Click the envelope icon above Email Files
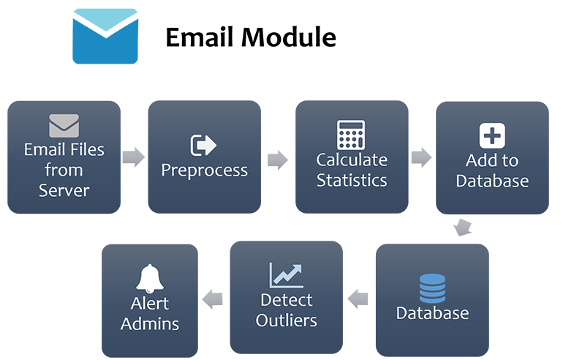click(x=64, y=126)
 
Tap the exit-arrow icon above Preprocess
click(x=204, y=145)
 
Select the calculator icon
click(x=351, y=135)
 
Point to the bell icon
click(x=150, y=279)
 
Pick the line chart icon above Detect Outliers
click(x=287, y=275)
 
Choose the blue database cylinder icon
click(x=432, y=288)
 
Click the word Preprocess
click(x=205, y=170)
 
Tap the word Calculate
click(x=352, y=160)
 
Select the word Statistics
click(x=352, y=180)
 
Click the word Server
click(x=64, y=191)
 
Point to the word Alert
click(x=150, y=304)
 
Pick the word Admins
click(x=150, y=323)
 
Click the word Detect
click(x=287, y=300)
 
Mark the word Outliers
click(x=287, y=320)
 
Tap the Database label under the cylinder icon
click(x=432, y=314)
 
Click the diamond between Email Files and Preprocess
click(x=133, y=157)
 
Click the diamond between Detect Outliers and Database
click(x=358, y=299)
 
